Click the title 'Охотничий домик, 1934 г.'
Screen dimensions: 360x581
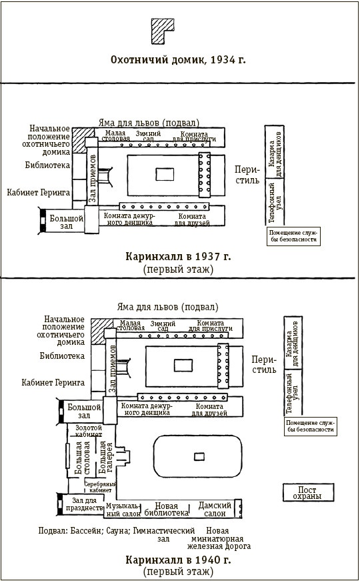[x=178, y=59]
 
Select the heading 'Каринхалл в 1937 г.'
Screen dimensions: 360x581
[x=178, y=256]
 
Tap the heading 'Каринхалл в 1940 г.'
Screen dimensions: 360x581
[x=178, y=560]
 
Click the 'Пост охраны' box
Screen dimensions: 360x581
[x=308, y=492]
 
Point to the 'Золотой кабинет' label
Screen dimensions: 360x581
[x=89, y=431]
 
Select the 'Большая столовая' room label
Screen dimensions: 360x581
[x=82, y=458]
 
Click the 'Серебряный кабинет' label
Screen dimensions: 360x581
[x=100, y=487]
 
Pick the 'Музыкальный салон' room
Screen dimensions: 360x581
[x=123, y=510]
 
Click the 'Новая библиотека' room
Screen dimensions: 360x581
[x=166, y=509]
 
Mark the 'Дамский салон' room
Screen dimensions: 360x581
[x=215, y=509]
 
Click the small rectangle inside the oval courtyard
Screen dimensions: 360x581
[x=199, y=456]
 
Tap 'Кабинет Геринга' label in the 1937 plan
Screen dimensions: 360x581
[x=39, y=193]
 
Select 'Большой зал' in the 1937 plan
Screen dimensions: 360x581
[x=67, y=222]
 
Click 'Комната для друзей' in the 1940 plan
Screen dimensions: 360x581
[x=209, y=410]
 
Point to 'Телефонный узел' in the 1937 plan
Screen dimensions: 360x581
[x=275, y=202]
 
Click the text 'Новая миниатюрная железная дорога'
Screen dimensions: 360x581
[x=219, y=538]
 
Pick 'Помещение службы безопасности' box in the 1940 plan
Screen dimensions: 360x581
[x=311, y=426]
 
